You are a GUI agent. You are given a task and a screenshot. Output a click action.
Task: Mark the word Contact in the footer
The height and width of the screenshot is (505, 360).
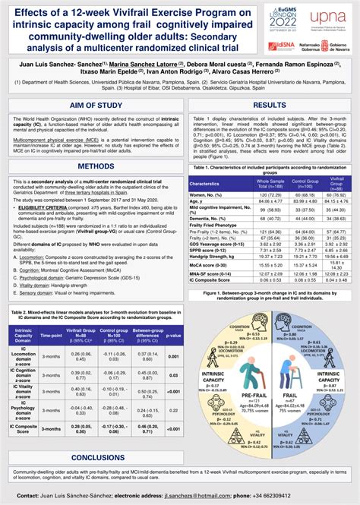coord(33,496)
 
